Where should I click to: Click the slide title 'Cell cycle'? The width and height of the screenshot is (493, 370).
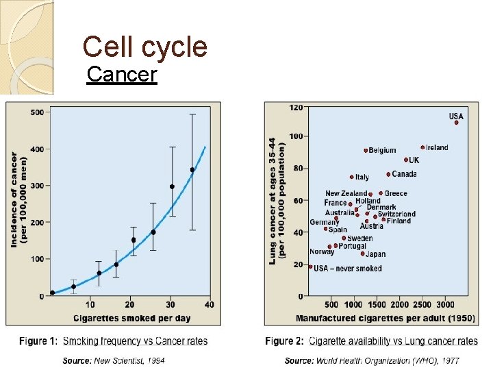(144, 47)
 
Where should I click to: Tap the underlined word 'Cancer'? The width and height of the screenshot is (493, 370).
(123, 74)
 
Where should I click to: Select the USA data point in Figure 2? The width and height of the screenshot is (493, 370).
(457, 123)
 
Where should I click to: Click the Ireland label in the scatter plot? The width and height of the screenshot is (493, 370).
(437, 147)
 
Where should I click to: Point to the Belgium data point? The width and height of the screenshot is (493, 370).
(366, 151)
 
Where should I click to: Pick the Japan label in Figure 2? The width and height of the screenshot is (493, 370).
(376, 254)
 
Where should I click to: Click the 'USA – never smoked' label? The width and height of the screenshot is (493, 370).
(347, 269)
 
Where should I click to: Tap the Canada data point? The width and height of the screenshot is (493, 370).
(388, 174)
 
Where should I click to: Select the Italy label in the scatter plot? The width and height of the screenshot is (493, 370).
(362, 177)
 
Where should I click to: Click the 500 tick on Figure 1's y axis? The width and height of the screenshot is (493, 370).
(37, 112)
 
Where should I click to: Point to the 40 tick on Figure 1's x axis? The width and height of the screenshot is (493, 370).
(209, 305)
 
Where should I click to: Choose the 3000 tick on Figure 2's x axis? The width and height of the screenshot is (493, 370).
(446, 305)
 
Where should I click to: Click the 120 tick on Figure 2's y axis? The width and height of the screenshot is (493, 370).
(296, 108)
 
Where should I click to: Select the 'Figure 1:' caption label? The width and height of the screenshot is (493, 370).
(38, 341)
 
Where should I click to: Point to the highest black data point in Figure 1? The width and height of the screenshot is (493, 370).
(192, 169)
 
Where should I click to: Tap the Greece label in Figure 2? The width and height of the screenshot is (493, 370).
(396, 194)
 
